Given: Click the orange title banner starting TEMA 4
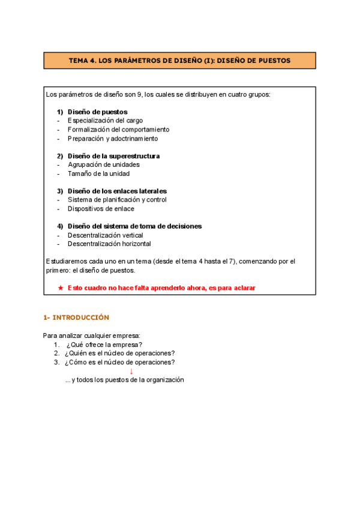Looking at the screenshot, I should click(179, 61).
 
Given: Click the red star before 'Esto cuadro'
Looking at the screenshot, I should click(60, 288).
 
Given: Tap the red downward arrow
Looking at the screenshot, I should click(131, 371).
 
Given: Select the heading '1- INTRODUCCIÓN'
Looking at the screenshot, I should click(76, 318).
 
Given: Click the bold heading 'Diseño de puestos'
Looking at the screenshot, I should click(97, 112).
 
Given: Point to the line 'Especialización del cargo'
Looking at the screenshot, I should click(105, 121).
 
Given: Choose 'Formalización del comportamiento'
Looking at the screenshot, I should click(118, 130).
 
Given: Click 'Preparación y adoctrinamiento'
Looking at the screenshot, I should click(113, 138).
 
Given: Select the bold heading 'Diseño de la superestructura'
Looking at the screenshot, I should click(113, 156).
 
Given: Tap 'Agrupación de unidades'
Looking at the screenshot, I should click(103, 164).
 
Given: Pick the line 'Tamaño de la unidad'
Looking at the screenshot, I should click(98, 173).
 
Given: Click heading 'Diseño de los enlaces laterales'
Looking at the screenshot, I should click(117, 191).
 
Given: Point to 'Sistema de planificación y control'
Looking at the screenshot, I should click(117, 200).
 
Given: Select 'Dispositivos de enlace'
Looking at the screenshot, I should click(101, 209).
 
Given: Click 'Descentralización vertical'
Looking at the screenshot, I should click(105, 235).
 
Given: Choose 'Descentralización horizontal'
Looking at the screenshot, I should click(109, 244).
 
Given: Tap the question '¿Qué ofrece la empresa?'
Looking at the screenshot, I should click(104, 345).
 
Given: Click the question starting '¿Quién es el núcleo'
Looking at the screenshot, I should click(121, 353).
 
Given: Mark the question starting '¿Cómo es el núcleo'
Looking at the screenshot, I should click(121, 362).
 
